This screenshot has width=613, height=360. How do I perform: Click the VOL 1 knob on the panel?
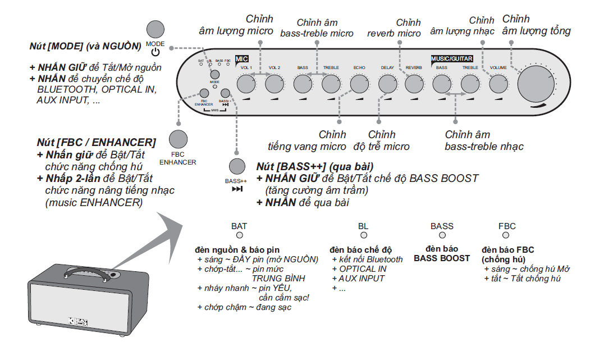245,84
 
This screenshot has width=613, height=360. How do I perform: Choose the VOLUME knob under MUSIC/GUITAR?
498,84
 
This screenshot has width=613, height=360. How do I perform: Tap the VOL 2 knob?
274,84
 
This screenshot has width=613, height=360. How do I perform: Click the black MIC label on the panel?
241,58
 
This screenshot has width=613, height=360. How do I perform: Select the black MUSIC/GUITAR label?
451,58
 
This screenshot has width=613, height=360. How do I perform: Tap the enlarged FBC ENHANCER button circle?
178,139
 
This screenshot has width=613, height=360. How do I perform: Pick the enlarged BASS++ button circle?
236,166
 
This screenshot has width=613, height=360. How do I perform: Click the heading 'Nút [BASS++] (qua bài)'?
306,167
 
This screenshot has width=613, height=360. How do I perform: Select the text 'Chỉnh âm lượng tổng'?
536,25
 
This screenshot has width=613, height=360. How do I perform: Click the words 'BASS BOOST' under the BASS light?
442,258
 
